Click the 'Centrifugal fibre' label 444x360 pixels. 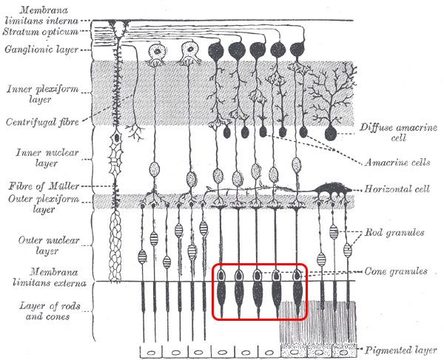click(37, 121)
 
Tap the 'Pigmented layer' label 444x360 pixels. click(400, 348)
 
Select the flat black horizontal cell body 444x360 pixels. click(329, 189)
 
